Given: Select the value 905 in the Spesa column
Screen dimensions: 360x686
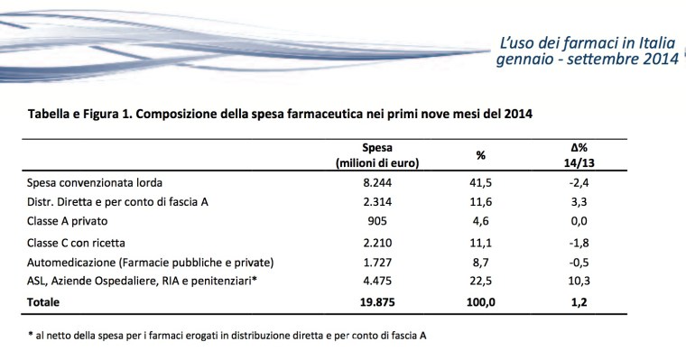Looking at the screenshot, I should tap(376, 221).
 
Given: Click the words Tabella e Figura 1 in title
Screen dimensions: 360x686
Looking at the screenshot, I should tap(87, 115).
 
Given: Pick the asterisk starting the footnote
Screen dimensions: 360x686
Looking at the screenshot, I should tap(32, 335).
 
